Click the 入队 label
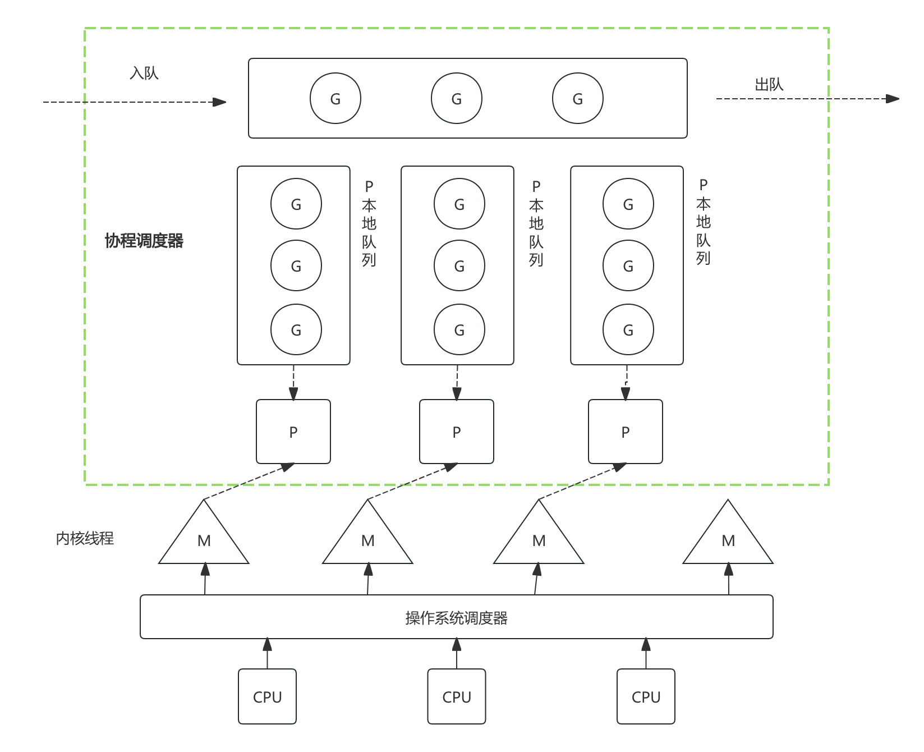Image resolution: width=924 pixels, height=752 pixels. (x=144, y=74)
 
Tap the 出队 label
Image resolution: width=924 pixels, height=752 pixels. (x=769, y=85)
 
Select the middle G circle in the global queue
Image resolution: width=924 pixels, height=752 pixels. (x=456, y=98)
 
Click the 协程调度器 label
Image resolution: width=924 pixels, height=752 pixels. (x=144, y=241)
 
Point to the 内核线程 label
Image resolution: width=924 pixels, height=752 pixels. (x=85, y=539)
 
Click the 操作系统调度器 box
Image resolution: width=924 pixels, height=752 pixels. (x=456, y=617)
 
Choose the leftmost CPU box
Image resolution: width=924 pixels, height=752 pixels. (x=267, y=696)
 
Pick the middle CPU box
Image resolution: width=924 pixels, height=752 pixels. (x=456, y=696)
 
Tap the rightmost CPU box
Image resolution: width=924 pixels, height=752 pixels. (x=646, y=696)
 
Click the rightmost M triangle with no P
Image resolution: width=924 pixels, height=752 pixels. (x=728, y=539)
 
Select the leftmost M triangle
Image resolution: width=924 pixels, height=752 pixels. (x=204, y=539)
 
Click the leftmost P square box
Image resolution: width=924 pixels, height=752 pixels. (x=293, y=432)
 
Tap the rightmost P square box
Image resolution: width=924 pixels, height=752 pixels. (x=625, y=432)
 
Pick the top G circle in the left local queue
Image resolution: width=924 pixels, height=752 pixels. (x=296, y=204)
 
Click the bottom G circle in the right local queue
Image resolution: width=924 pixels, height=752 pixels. (x=628, y=329)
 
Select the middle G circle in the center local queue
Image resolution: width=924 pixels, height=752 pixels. (x=459, y=265)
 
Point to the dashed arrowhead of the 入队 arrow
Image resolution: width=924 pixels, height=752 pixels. (x=220, y=102)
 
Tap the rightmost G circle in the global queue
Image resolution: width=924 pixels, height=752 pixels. (x=577, y=98)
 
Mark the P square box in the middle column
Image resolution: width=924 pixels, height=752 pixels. (x=456, y=432)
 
